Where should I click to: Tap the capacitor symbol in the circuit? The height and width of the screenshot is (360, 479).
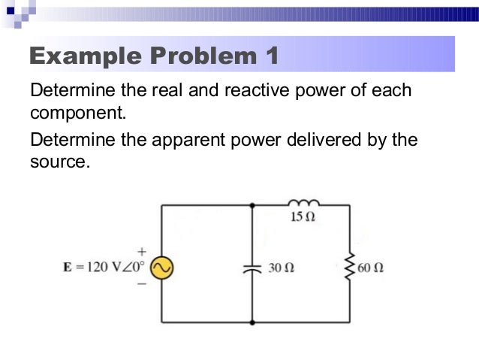click(252, 267)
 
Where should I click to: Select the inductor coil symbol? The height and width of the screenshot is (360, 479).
click(304, 203)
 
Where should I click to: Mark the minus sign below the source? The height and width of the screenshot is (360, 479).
click(141, 285)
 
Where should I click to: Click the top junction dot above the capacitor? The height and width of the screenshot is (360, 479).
click(252, 204)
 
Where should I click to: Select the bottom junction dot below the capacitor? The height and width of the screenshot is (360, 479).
click(252, 322)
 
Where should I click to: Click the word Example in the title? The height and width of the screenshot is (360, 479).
click(85, 56)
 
